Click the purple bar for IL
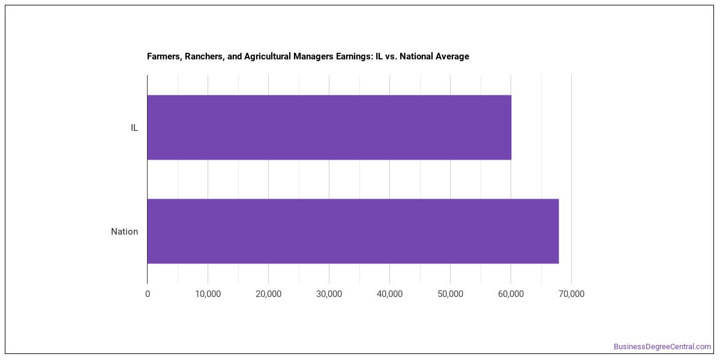pos(329,127)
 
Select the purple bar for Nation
pos(353,231)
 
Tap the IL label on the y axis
pos(134,128)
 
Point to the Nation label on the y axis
pos(124,232)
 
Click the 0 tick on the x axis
pos(148,294)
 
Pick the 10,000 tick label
pos(208,294)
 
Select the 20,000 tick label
pos(268,294)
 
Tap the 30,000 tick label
pos(329,294)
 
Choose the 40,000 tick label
pos(389,294)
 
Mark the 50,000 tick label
pos(451,294)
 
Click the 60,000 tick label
pos(511,294)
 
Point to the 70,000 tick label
pos(571,294)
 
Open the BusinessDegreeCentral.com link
pos(662,347)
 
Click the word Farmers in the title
pos(164,56)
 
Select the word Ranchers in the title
pos(205,56)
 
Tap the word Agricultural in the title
pos(268,57)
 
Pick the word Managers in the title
pos(313,57)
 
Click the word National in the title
pos(416,56)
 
